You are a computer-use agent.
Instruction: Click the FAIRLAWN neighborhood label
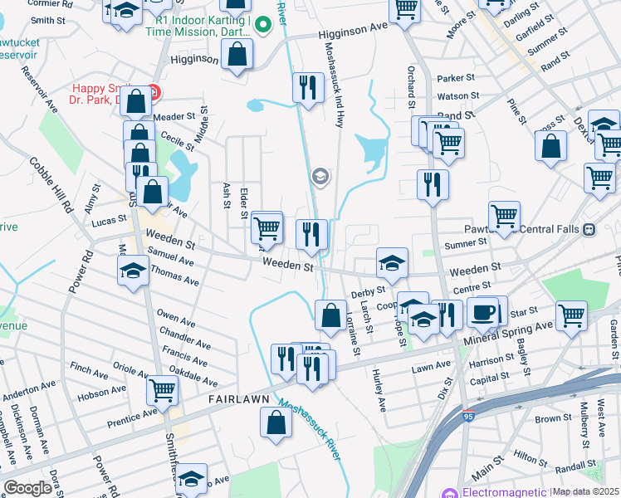pyautogui.click(x=238, y=399)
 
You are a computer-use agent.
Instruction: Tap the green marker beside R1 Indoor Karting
pyautogui.click(x=263, y=25)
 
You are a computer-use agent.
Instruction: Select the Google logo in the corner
pyautogui.click(x=27, y=487)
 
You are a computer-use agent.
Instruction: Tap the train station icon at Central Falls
pyautogui.click(x=589, y=229)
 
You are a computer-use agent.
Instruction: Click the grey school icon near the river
pyautogui.click(x=320, y=176)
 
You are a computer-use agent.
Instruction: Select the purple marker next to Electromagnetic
pyautogui.click(x=449, y=492)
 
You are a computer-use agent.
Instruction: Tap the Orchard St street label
pyautogui.click(x=410, y=87)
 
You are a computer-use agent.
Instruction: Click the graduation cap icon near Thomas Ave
pyautogui.click(x=132, y=271)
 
